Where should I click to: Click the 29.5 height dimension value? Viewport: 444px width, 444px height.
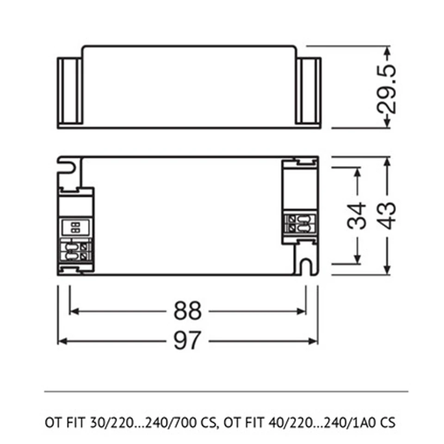coord(387,89)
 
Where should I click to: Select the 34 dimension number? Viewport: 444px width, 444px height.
coord(357,215)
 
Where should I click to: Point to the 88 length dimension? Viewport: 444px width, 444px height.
coord(187,311)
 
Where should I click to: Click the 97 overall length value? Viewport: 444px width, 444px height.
coord(187,341)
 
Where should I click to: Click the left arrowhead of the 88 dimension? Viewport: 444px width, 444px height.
coord(74,311)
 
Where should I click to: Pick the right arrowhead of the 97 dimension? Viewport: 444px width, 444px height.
coord(313,341)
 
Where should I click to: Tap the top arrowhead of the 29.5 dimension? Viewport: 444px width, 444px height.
coord(388,51)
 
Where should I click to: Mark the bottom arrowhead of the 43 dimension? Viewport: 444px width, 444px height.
coord(388,270)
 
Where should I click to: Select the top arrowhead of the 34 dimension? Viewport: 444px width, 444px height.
coord(358,172)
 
